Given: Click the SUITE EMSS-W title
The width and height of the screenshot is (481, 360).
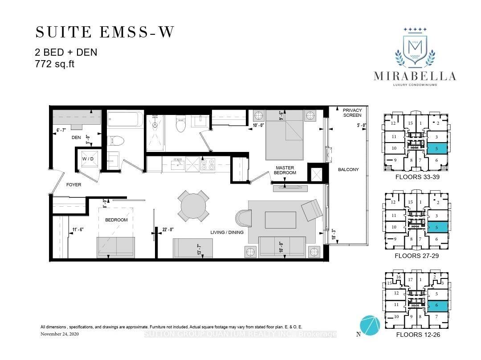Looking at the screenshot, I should coord(105,32).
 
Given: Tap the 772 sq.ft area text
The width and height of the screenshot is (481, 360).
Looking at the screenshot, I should coord(54,64).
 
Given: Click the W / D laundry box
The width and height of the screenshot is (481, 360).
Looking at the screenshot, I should coord(88,159).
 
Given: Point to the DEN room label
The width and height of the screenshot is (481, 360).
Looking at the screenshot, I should coord(76,138).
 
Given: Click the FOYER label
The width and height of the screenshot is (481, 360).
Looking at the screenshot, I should coord(74,184).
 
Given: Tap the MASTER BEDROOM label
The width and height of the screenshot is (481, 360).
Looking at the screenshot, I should coord(285,170).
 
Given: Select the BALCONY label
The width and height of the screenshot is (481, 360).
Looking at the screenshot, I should coord(348,169).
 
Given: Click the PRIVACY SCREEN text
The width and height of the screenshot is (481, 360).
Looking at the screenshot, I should coord(352,112).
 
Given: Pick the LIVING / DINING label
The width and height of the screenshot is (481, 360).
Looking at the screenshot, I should coord(227,232).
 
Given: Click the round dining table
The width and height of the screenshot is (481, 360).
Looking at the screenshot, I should coord(194,206).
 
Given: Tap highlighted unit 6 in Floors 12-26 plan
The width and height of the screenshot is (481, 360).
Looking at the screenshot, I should coord(438,306).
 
